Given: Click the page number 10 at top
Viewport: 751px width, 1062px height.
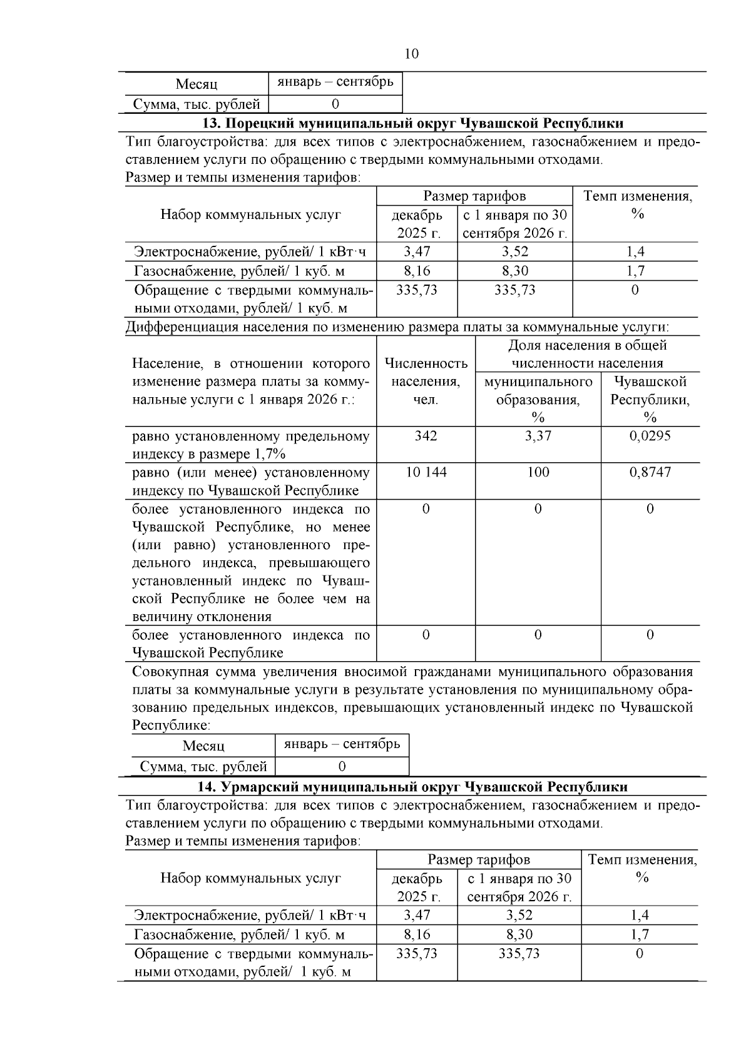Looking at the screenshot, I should coord(411,54).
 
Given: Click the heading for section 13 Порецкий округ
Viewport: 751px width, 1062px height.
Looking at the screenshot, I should coord(412,123).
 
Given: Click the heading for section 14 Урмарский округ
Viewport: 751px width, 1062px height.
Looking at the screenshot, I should coord(412,786).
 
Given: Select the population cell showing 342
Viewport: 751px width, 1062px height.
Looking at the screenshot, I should coord(426,435).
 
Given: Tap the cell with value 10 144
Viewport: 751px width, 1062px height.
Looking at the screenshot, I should coord(426,472).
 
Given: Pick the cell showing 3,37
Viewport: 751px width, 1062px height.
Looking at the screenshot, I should coord(538,435).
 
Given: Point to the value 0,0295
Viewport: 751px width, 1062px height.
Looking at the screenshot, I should coord(650,435).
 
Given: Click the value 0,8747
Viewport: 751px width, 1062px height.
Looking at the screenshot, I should coord(650,472).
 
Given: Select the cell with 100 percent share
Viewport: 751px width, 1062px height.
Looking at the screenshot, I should coord(538,472).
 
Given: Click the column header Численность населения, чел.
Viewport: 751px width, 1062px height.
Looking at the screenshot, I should coord(426,382).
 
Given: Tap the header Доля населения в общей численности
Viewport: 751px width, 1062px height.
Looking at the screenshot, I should coord(587,354).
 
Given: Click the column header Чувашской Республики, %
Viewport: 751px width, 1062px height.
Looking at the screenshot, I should coord(650,399).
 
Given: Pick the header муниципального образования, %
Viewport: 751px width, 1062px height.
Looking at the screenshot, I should coord(538,399).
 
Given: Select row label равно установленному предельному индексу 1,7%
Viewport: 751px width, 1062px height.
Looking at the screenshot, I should coord(250,445).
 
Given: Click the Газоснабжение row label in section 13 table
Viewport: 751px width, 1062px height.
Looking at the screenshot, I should coord(240,271).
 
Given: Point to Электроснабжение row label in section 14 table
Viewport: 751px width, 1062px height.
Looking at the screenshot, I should coord(250,916).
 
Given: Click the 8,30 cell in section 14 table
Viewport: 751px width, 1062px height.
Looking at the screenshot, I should coord(519,934).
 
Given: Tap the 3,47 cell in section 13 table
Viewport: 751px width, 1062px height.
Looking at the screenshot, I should coord(417,252).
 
